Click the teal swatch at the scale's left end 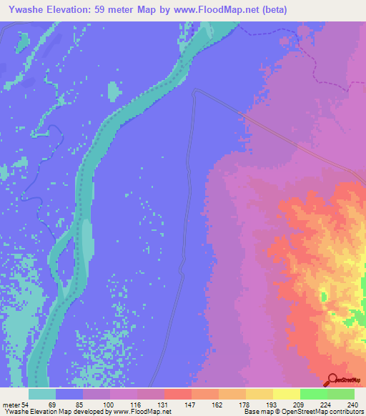coord(42,394)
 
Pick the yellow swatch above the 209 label coord(287,394)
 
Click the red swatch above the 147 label coord(178,394)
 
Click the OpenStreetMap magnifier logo coord(332,380)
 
